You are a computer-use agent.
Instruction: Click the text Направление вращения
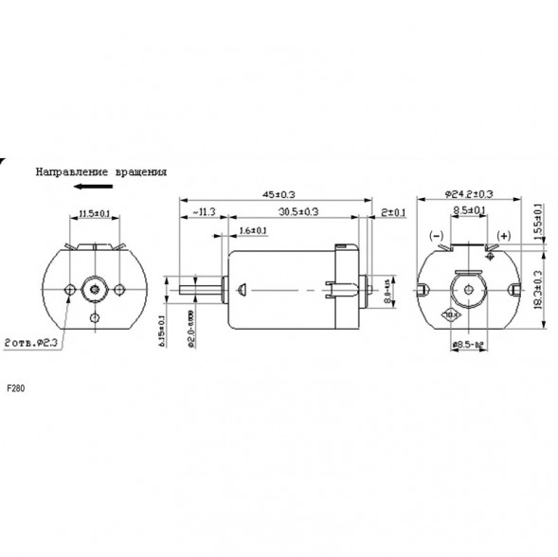click(101, 172)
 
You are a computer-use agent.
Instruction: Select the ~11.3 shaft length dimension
click(204, 211)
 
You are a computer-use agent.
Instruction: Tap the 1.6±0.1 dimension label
click(252, 230)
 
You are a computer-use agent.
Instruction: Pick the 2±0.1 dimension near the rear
click(392, 211)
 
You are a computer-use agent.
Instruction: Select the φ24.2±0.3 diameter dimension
click(483, 195)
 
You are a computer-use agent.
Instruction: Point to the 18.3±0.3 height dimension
click(539, 293)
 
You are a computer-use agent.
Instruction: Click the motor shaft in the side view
click(199, 287)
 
